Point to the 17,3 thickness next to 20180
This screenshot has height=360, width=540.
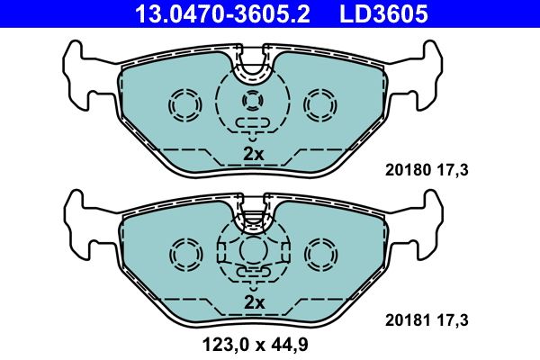[454, 169]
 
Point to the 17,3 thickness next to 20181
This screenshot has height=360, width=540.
[454, 319]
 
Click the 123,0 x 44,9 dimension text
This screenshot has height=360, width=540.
[255, 343]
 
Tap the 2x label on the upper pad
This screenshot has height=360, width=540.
[254, 154]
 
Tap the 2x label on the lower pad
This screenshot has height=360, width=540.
[254, 302]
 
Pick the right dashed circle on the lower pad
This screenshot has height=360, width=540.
[319, 253]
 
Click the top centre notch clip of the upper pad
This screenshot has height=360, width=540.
[255, 64]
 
